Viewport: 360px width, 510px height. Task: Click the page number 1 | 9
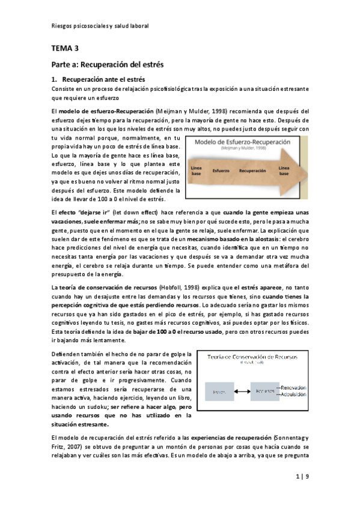click(x=302, y=477)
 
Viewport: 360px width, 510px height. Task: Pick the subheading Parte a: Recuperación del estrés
click(x=107, y=63)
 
